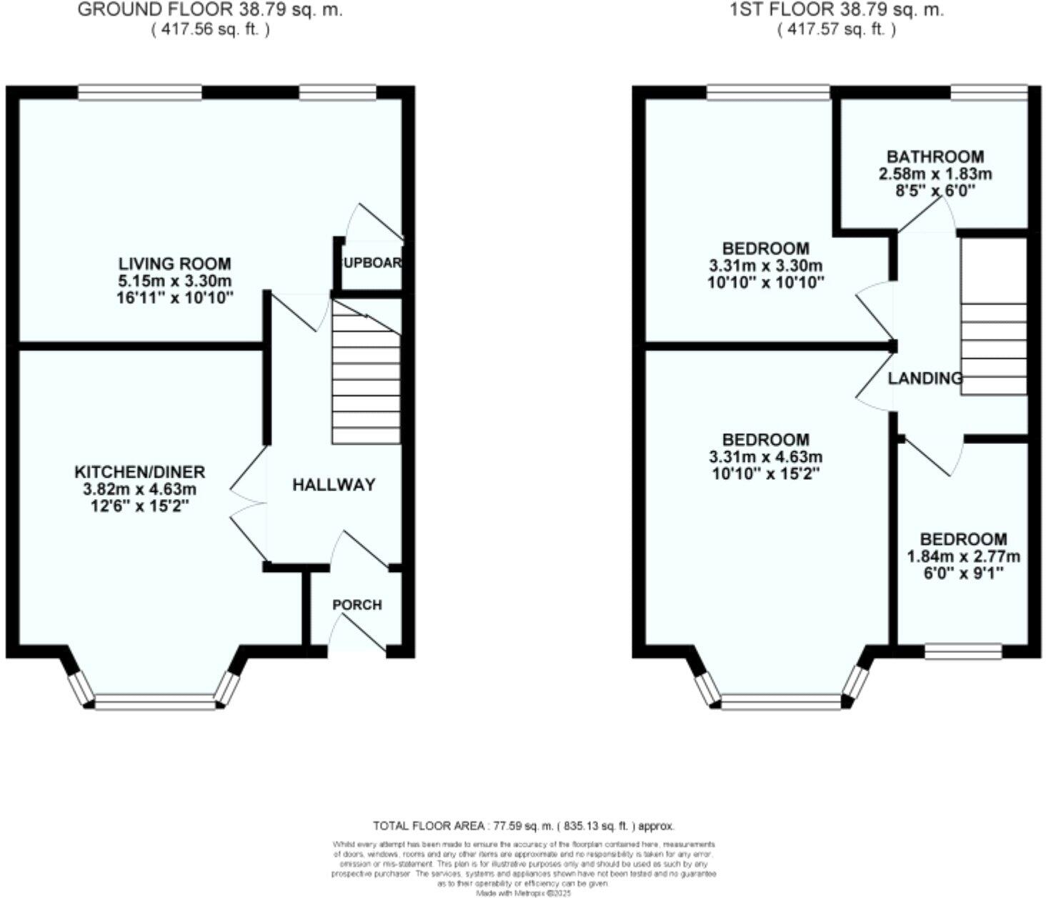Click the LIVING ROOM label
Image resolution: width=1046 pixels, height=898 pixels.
click(174, 264)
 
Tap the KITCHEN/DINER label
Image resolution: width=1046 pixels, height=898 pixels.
click(140, 472)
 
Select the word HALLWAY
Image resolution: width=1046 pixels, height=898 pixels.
click(334, 485)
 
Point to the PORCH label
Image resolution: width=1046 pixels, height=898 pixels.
click(357, 605)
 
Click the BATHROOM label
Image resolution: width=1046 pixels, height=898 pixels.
click(935, 157)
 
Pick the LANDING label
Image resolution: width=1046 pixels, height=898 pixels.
click(925, 378)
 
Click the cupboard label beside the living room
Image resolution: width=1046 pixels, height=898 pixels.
click(372, 262)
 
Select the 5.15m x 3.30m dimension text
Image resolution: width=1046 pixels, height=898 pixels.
click(175, 281)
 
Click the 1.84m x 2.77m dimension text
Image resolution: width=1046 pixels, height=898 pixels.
click(963, 556)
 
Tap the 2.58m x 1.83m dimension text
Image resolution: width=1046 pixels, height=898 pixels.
click(935, 174)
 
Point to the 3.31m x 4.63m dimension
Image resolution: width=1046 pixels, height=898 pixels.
click(765, 457)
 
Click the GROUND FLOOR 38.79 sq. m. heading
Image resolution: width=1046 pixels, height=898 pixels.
click(210, 10)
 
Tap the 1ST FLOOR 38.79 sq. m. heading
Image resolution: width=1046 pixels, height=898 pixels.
click(836, 10)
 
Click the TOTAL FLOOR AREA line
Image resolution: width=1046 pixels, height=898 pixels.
click(523, 826)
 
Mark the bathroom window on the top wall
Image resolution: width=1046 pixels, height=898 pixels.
click(988, 92)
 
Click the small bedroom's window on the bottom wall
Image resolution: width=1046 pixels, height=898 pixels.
click(962, 651)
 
